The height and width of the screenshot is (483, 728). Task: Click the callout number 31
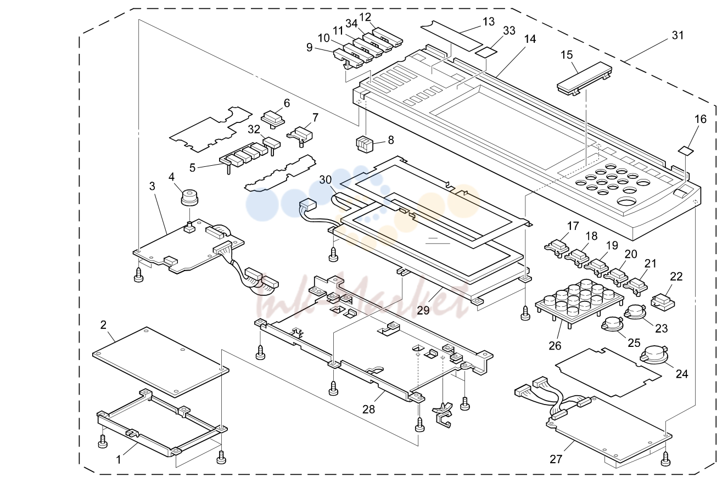tap(677, 35)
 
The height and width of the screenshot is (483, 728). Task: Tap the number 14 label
tap(530, 39)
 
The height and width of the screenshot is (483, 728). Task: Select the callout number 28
tap(368, 409)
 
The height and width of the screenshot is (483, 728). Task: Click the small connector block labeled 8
tap(365, 144)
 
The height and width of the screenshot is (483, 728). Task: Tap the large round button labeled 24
tap(654, 355)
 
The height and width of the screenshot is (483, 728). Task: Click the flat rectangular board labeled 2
tap(160, 362)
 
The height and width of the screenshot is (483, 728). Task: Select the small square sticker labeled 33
tap(486, 52)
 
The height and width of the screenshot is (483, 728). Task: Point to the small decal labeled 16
tap(686, 150)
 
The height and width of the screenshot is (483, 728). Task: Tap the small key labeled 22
tap(663, 302)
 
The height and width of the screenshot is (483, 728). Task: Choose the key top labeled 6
tap(273, 119)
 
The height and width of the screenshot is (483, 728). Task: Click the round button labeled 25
tap(612, 324)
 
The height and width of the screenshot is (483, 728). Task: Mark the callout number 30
tap(326, 179)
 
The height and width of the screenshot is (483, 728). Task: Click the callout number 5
tap(192, 167)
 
